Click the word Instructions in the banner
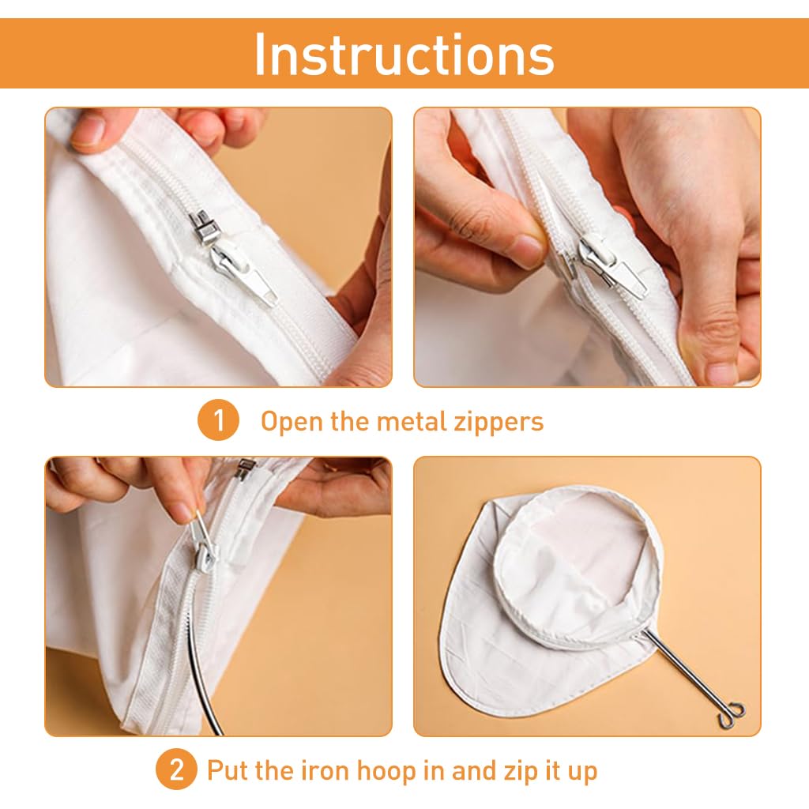point(404,54)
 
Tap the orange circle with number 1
point(218,421)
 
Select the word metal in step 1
point(408,421)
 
